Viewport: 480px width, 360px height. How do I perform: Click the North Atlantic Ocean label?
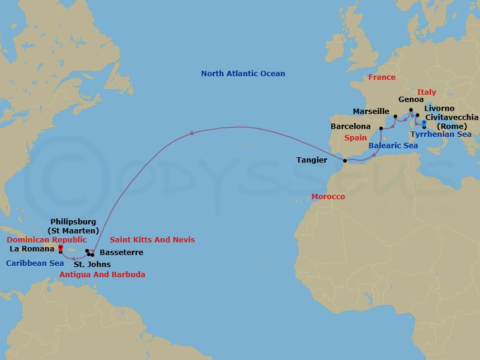pos(243,74)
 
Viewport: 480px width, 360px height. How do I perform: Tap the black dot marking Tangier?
pos(344,161)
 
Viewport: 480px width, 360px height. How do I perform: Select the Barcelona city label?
pos(351,127)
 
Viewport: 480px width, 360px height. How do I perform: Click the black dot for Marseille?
pos(395,116)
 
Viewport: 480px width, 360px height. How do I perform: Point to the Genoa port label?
pos(410,100)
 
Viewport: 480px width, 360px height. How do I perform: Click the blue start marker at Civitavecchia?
pos(424,122)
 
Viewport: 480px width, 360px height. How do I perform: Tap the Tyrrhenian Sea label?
pos(440,134)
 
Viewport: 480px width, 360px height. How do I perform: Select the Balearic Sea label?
pos(393,146)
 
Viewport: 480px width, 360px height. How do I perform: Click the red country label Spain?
pos(355,137)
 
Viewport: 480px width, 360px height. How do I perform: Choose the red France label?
pos(382,77)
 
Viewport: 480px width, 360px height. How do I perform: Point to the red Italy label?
pos(427,92)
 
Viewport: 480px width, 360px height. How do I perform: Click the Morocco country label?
pos(328,197)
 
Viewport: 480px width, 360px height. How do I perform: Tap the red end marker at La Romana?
pos(61,247)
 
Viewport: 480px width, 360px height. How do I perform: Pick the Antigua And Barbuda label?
pos(102,275)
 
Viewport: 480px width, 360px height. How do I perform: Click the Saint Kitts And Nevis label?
pos(152,240)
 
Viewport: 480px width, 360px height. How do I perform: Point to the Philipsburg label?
pos(73,222)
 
